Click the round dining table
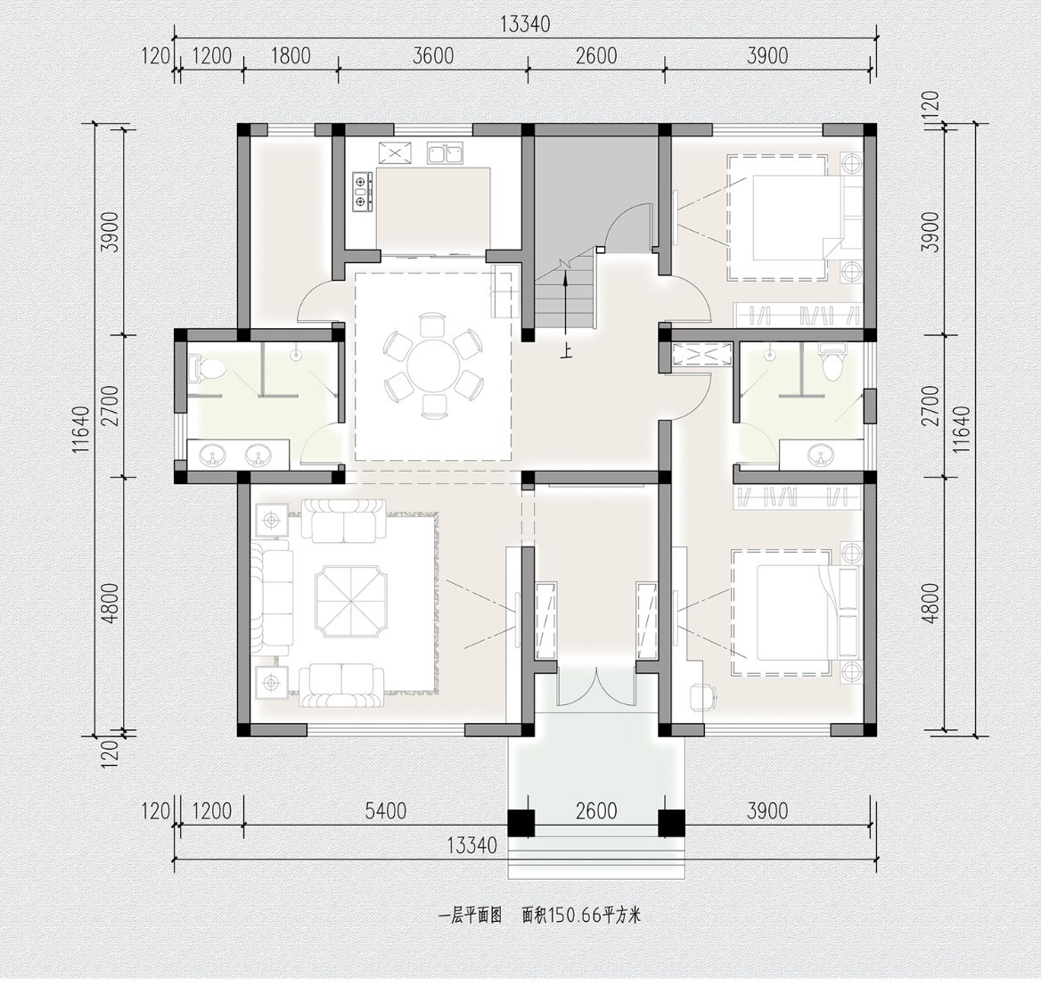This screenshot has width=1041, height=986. [433, 366]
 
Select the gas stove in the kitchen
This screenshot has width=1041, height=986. [361, 191]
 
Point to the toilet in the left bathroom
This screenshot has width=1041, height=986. [203, 370]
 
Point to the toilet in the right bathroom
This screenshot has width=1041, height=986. [831, 362]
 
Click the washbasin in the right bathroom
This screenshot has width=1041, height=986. [822, 456]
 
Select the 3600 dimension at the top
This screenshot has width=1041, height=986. [433, 56]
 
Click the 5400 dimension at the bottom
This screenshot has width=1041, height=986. [386, 810]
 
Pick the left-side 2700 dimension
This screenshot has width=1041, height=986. [111, 406]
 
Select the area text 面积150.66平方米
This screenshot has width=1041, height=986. [582, 916]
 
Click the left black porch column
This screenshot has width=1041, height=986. [521, 824]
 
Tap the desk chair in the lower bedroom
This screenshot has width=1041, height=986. [704, 696]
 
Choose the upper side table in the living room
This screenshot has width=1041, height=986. [272, 519]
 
